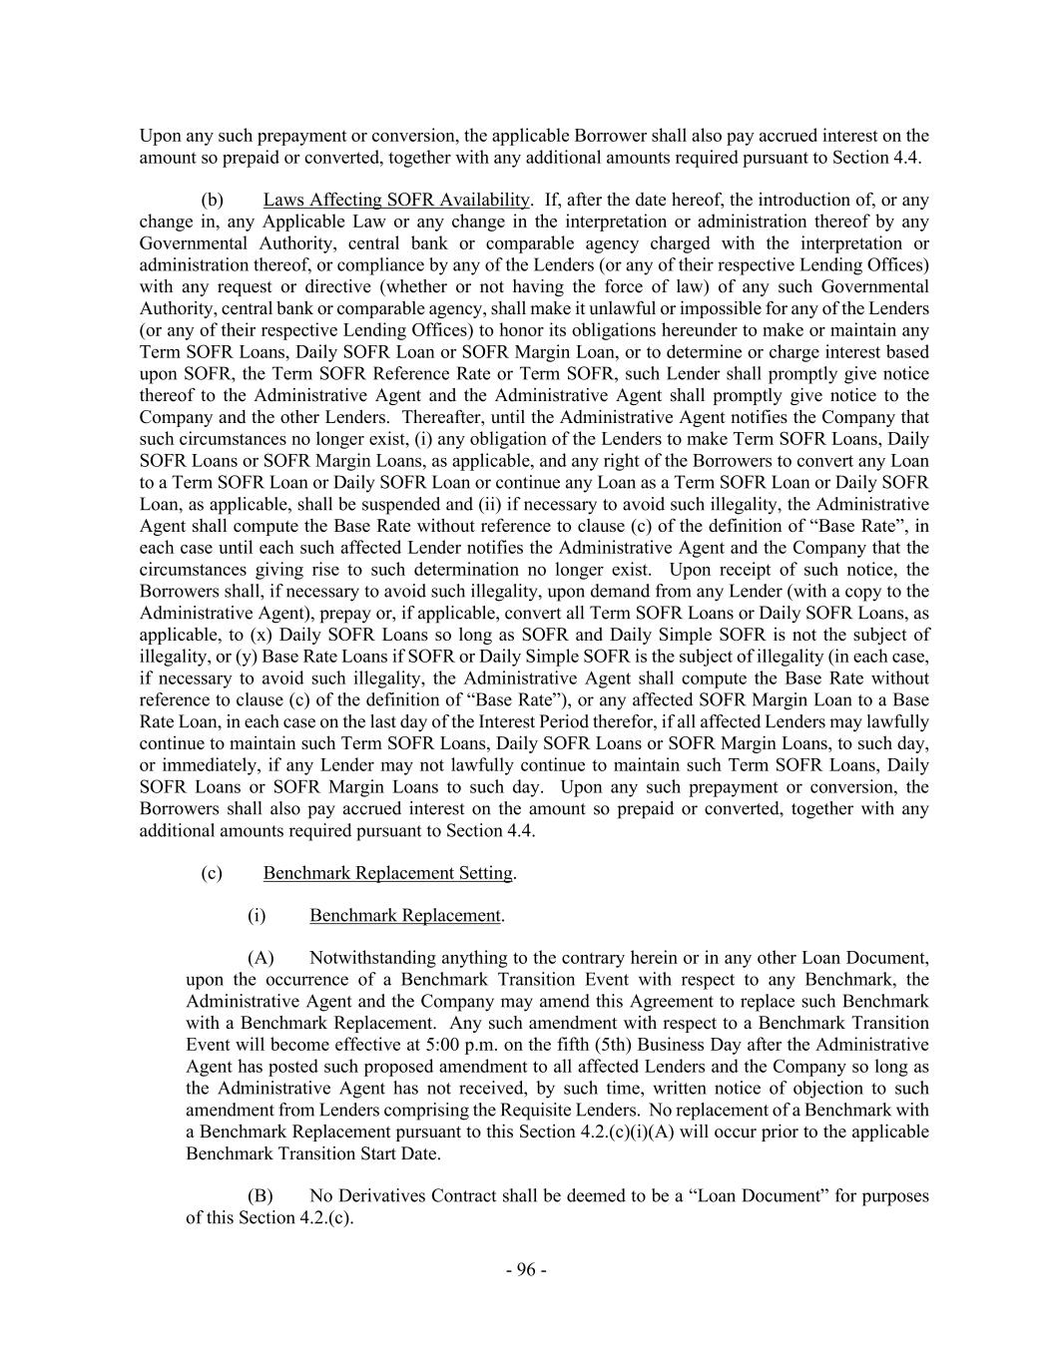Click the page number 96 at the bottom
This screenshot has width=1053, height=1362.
pyautogui.click(x=526, y=1269)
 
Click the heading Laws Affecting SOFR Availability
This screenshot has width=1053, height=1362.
pyautogui.click(x=396, y=201)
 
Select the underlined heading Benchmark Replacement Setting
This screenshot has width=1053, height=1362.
pyautogui.click(x=388, y=873)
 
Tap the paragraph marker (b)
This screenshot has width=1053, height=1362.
pyautogui.click(x=212, y=201)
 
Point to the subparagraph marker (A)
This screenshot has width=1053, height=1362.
pyautogui.click(x=261, y=958)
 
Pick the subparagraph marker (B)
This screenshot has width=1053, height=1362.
pyautogui.click(x=261, y=1195)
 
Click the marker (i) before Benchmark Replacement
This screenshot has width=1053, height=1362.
pyautogui.click(x=257, y=915)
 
